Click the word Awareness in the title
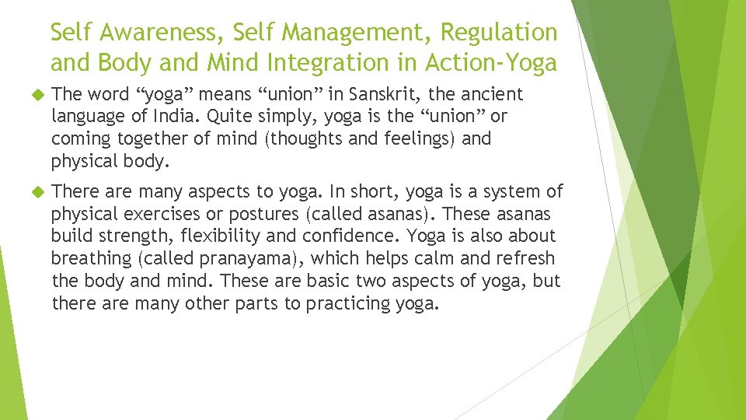pos(148,33)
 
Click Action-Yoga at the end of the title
pos(493,62)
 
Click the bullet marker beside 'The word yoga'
pos(33,95)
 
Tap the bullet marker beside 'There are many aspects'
pos(33,191)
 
